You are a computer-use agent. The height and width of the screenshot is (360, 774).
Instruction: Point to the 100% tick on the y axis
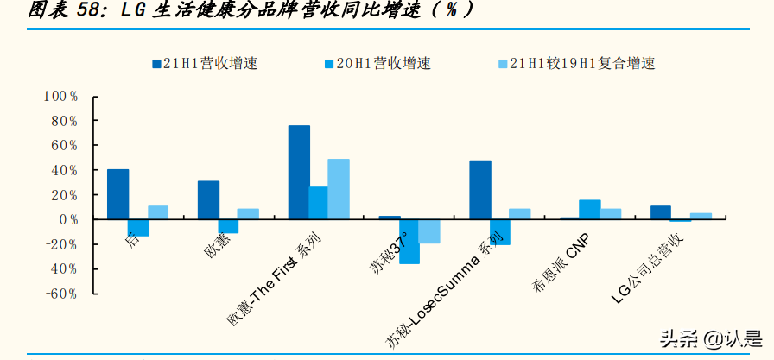pyautogui.click(x=61, y=96)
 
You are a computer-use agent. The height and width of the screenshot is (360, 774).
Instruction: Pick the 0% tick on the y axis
pyautogui.click(x=68, y=219)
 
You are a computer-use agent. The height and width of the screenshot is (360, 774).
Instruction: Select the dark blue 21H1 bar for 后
pyautogui.click(x=118, y=194)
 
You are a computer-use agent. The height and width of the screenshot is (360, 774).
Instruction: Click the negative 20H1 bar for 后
pyautogui.click(x=138, y=227)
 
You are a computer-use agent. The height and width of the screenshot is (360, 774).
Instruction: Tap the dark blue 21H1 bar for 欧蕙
pyautogui.click(x=208, y=200)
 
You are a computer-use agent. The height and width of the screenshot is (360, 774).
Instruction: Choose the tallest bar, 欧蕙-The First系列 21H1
pyautogui.click(x=299, y=173)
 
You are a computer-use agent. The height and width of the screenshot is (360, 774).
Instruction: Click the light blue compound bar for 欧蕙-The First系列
pyautogui.click(x=339, y=189)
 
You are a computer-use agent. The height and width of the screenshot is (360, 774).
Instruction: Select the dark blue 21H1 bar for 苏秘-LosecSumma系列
pyautogui.click(x=480, y=190)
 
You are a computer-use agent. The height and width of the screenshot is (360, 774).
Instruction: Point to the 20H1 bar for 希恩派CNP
pyautogui.click(x=590, y=210)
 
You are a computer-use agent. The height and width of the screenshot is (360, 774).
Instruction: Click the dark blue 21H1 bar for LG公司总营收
pyautogui.click(x=661, y=212)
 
